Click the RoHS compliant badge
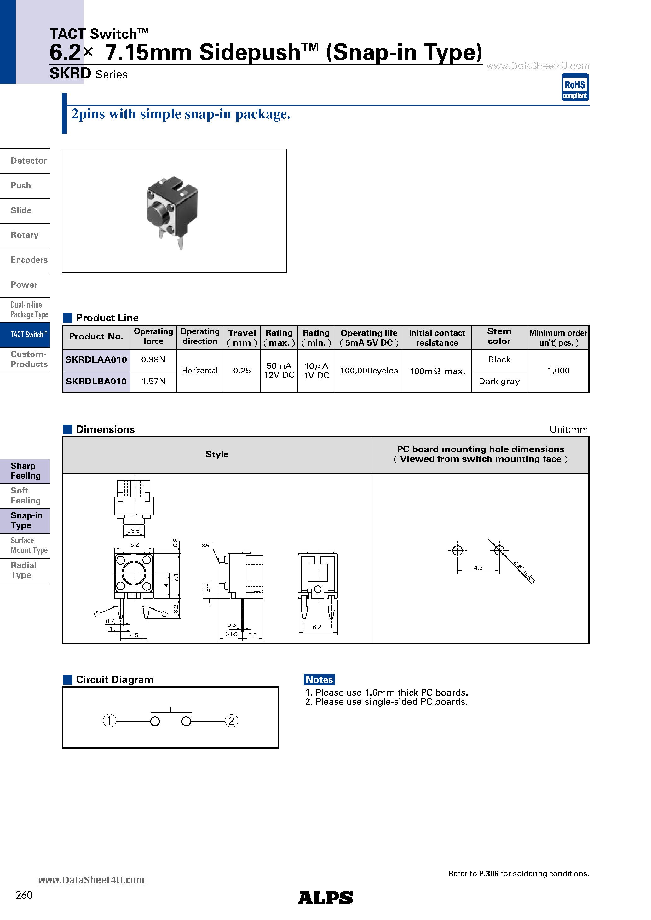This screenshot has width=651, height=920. pos(574,87)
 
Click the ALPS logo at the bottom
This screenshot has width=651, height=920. pos(325,898)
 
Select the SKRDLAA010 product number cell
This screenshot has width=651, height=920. pos(96,360)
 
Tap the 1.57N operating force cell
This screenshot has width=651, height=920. pos(153,381)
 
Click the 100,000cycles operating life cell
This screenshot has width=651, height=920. pos(369,371)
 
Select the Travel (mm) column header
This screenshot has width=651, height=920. pos(242,337)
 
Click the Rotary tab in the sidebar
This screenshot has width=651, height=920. pos(25,235)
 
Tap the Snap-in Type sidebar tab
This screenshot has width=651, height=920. pos(26,520)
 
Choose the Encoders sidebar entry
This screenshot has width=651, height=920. pos(29,260)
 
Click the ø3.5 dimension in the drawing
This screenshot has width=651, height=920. pos(134,531)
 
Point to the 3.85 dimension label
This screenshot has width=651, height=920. pos(231,634)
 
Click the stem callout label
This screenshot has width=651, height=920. pos(208,545)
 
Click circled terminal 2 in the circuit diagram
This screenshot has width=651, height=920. pos(231,721)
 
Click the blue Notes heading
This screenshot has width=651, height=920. pos(319,680)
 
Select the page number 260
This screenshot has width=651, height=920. pos(24,895)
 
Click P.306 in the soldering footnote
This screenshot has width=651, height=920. pos(489,873)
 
